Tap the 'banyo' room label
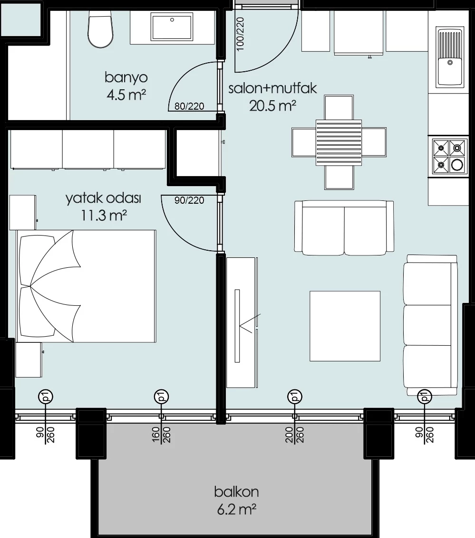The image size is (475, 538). coord(126,78)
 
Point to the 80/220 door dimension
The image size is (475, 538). coord(189,106)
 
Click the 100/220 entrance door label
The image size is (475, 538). coord(240,34)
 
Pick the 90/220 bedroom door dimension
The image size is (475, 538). coord(189,200)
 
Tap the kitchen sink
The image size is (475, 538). coord(450,57)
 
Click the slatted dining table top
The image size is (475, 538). coord(339,142)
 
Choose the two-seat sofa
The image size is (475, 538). coord(344,228)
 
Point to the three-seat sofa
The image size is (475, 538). coord(430,325)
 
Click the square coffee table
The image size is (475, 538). coord(345,326)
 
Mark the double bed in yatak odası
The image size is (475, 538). coord(86,286)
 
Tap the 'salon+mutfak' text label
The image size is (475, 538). coord(272,88)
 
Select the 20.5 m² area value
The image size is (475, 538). coord(272,106)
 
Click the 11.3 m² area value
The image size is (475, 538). coord(103,216)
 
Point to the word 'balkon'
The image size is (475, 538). coord(236,492)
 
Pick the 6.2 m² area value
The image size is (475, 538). coord(237,510)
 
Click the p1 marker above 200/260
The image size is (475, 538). coord(294,396)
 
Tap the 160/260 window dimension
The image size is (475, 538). coord(162,435)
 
